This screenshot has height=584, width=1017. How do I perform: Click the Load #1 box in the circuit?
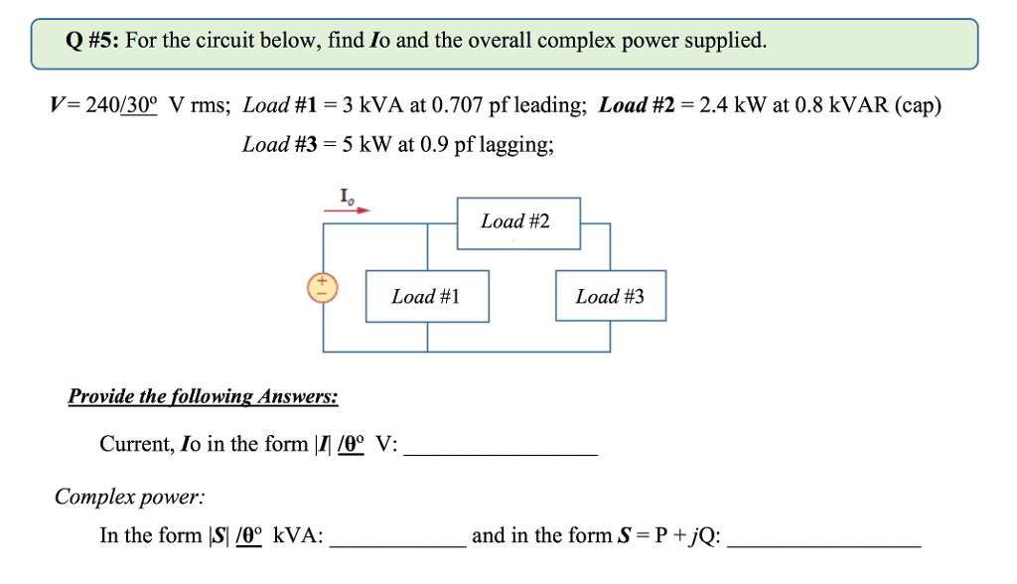(427, 296)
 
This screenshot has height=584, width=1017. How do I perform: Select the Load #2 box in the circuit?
(517, 222)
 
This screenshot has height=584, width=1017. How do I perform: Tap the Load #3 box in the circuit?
(610, 296)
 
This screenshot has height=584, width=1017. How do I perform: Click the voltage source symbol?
(322, 288)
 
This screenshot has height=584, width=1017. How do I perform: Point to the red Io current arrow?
(348, 211)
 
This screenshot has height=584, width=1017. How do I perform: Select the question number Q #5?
(91, 41)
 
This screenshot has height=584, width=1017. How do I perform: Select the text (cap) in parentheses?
(918, 105)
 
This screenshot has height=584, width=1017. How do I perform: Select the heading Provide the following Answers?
(203, 397)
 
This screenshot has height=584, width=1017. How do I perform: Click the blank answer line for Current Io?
(502, 452)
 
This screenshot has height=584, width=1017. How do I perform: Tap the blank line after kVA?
(397, 544)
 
